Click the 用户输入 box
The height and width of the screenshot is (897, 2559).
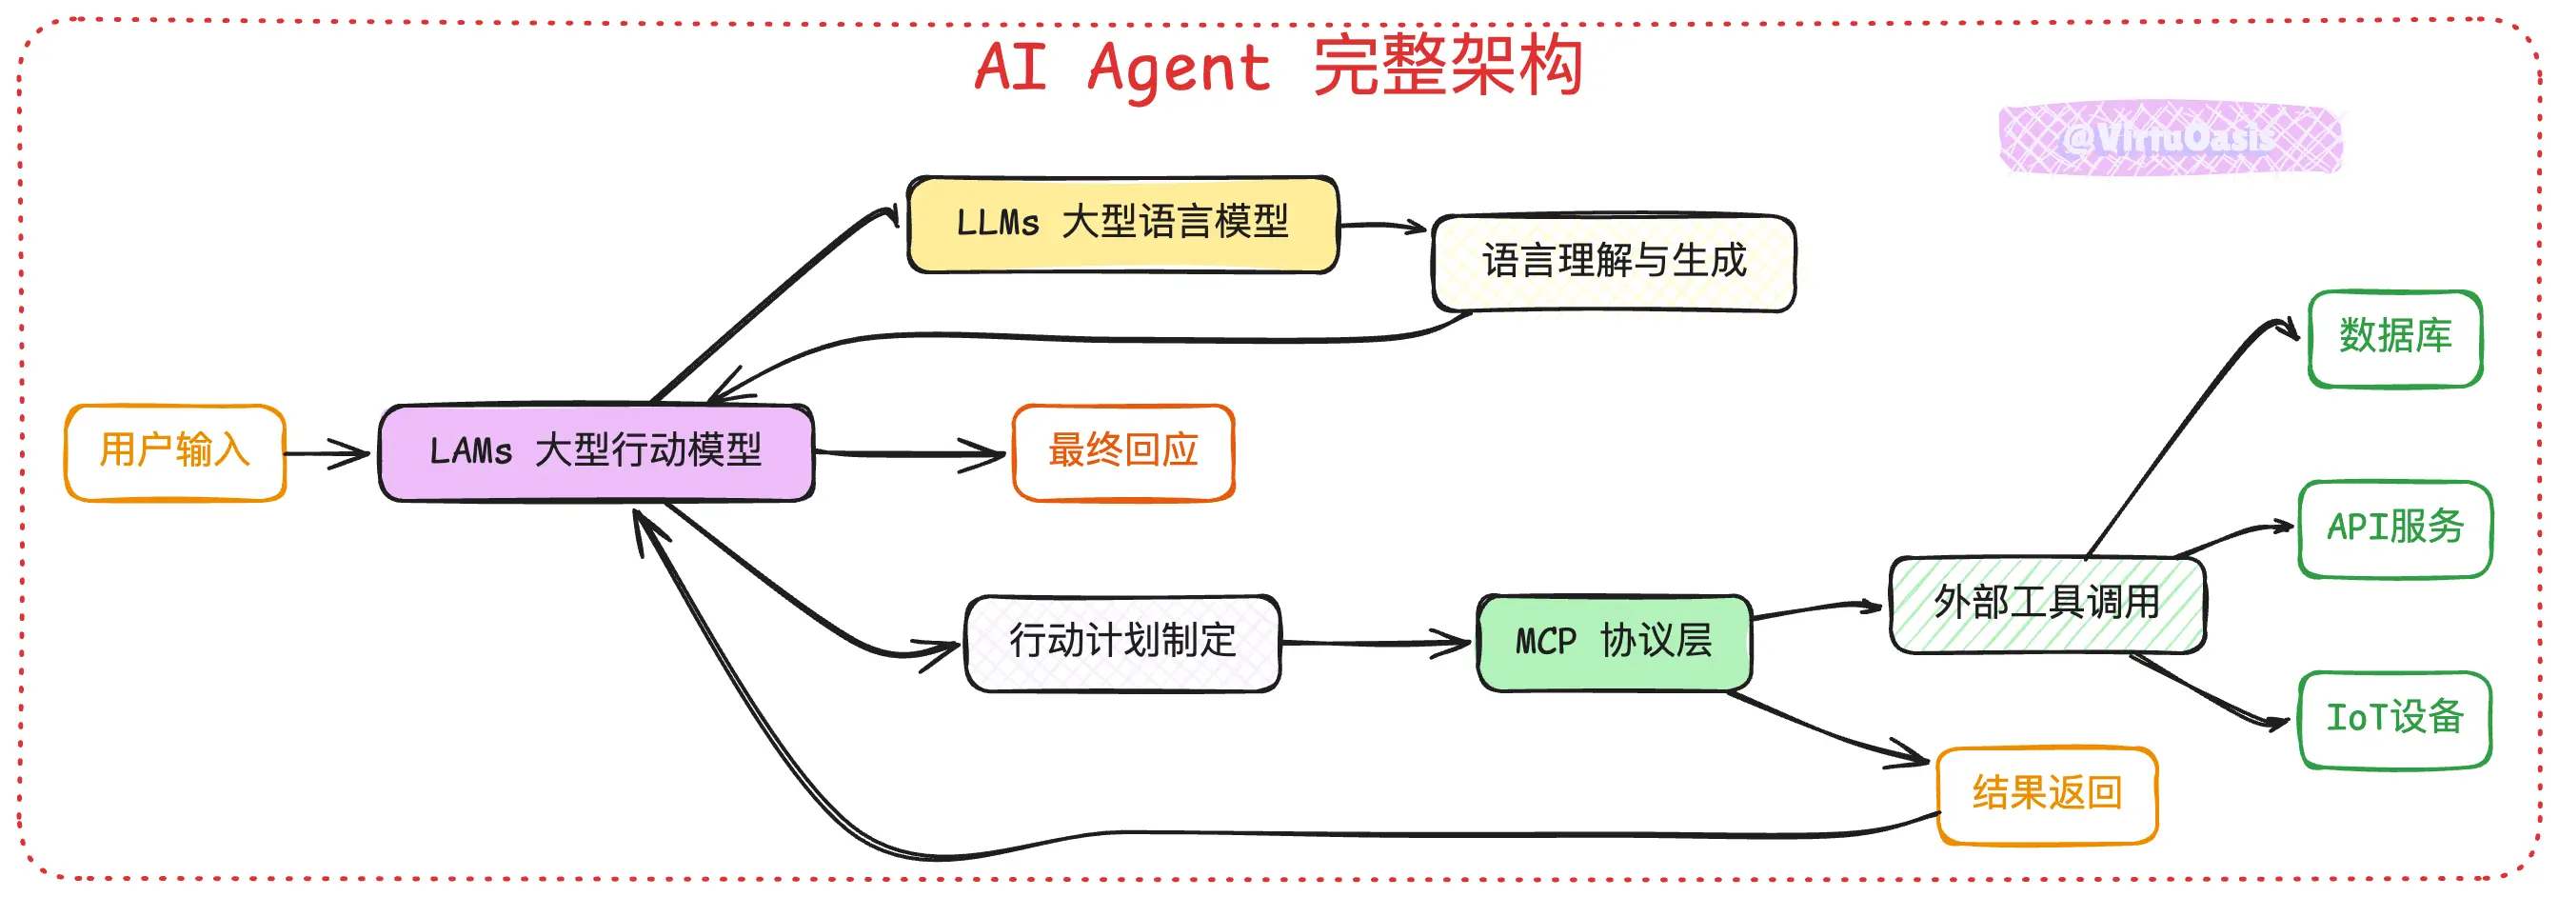(175, 452)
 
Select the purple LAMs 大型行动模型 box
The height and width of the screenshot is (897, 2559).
(596, 452)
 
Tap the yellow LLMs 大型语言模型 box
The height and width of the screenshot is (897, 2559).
(1122, 224)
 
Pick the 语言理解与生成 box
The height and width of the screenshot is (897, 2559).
(1614, 262)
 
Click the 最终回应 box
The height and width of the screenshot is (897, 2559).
(1122, 452)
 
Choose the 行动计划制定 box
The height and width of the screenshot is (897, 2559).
(1122, 642)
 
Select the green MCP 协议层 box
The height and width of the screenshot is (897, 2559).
(1614, 642)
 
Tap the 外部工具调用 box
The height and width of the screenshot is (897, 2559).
(2047, 603)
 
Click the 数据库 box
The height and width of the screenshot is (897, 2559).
(2394, 338)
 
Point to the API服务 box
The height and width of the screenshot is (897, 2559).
(2394, 528)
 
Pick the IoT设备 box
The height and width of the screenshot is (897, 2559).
(2394, 718)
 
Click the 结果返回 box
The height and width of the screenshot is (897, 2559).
(2047, 795)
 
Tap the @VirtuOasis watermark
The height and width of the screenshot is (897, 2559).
(2170, 138)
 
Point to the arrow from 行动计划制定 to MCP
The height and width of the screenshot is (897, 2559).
(1376, 643)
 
